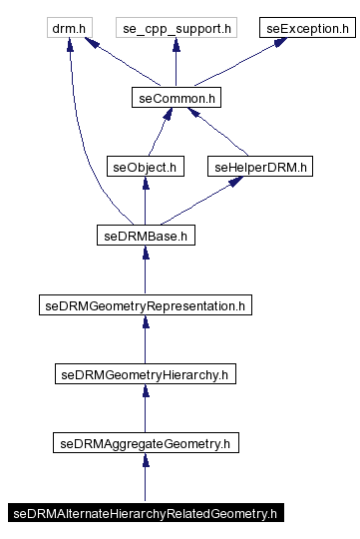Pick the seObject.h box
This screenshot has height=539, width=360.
pyautogui.click(x=146, y=167)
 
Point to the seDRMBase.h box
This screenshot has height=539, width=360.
pyautogui.click(x=146, y=237)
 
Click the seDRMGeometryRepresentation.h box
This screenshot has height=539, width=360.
pyautogui.click(x=146, y=305)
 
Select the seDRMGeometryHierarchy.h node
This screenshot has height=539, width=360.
pyautogui.click(x=146, y=375)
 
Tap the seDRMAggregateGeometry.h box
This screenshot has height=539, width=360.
pyautogui.click(x=146, y=442)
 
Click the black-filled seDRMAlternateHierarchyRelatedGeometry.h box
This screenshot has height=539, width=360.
pyautogui.click(x=146, y=513)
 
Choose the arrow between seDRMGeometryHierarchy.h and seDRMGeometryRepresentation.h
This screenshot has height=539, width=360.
pyautogui.click(x=146, y=340)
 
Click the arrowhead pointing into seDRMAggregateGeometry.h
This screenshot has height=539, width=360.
pyautogui.click(x=146, y=460)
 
